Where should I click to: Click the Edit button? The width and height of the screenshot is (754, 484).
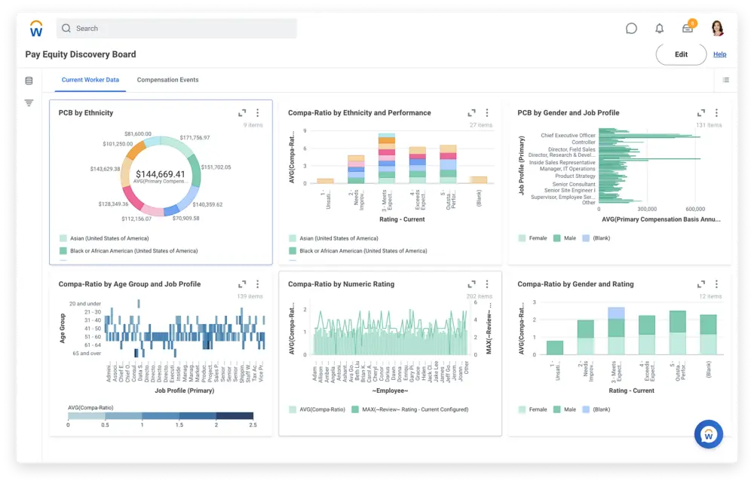coord(681,54)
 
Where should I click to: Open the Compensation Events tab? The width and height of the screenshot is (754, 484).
coord(167,80)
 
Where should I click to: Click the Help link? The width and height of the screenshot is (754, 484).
coord(719,54)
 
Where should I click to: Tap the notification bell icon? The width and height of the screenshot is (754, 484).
coord(660,29)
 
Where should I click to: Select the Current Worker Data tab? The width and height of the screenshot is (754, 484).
coord(90,80)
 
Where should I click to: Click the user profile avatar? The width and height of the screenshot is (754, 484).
coord(717,29)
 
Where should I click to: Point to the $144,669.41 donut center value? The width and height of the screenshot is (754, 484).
coord(160,174)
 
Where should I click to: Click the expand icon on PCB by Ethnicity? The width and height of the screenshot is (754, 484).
coord(242,113)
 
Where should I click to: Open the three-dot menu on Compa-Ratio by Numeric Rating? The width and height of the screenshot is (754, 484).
coord(486,284)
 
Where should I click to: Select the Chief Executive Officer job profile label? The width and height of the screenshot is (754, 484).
coord(568,136)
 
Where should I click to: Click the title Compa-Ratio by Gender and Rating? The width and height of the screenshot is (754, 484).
coord(575,284)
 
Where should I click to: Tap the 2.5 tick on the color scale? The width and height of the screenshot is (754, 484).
coord(253,425)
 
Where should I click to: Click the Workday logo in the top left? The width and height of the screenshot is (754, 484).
coord(36,29)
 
